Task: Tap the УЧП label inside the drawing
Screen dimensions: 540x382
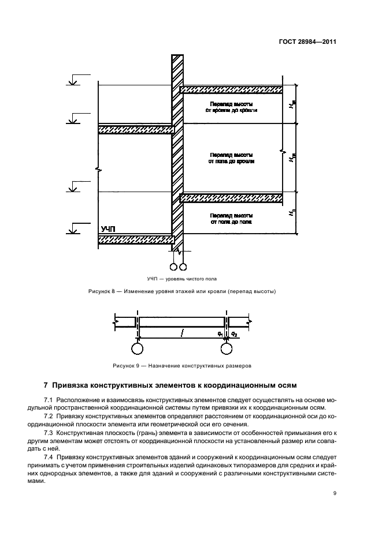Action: click(109, 229)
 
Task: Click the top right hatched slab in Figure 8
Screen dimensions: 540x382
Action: click(231, 89)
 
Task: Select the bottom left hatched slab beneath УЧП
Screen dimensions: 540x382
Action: click(136, 239)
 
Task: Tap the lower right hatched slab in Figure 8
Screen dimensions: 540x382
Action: click(231, 198)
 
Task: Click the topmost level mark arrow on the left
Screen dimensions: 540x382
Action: click(72, 82)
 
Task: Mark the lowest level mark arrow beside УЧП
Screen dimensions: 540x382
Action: click(72, 230)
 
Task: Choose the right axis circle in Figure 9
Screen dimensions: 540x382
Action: click(226, 349)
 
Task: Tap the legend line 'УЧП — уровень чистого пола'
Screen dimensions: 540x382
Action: click(191, 278)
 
